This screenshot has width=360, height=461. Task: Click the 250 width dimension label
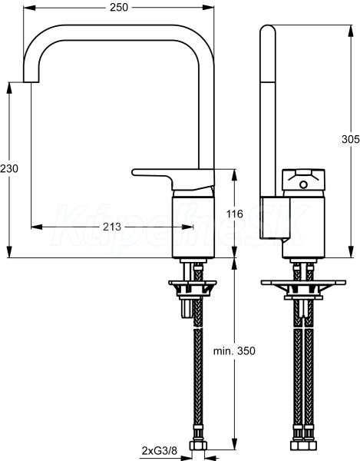click(119, 8)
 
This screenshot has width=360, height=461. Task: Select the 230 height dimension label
click(9, 168)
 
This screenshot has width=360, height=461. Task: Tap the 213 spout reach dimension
click(112, 227)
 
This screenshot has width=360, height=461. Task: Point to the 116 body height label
click(235, 214)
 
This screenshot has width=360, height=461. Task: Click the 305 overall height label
click(351, 139)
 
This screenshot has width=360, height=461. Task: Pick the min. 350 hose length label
click(234, 351)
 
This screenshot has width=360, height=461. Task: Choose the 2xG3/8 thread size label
click(160, 450)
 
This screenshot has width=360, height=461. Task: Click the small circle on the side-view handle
click(303, 185)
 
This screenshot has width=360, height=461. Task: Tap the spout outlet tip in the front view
click(31, 81)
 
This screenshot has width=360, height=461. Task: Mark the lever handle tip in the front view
click(134, 172)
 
